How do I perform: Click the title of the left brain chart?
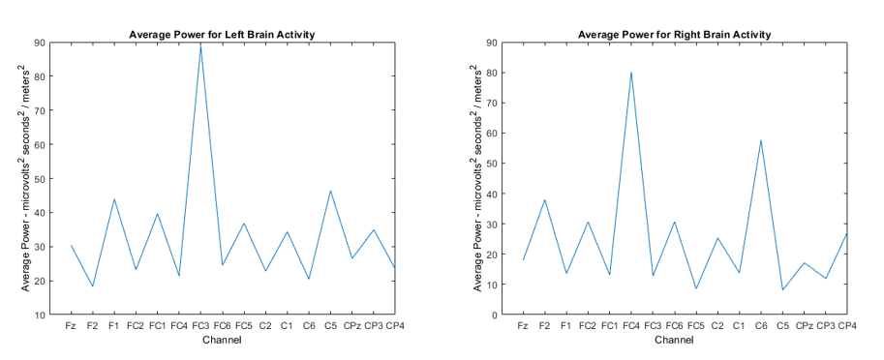coord(223,35)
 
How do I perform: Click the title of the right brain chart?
coord(674,35)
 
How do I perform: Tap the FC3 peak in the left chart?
coord(200,45)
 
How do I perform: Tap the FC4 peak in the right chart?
coord(631,73)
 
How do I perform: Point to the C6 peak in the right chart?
coord(761,140)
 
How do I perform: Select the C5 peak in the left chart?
coord(330,191)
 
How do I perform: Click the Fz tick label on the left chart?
coord(71,327)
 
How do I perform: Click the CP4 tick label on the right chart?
coord(848,327)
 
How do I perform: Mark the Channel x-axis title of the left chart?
coord(223,340)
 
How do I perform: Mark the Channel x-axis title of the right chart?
coord(674,340)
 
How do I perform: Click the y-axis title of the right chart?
coord(476,179)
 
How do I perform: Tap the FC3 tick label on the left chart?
coord(200,327)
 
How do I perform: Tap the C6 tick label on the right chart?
coord(761,327)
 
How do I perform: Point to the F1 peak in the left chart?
coord(114,199)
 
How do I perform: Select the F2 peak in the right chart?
coord(545,200)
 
